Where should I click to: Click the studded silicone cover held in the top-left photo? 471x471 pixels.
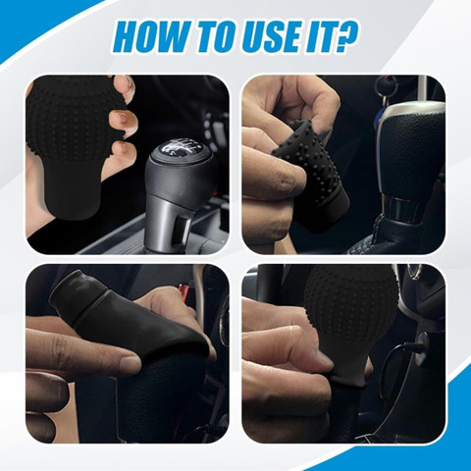[x=71, y=145]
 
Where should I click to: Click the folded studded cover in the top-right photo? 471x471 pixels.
[x=312, y=174]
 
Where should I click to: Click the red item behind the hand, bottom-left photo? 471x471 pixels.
[x=183, y=291]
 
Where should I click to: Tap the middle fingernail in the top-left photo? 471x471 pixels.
[x=122, y=117]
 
